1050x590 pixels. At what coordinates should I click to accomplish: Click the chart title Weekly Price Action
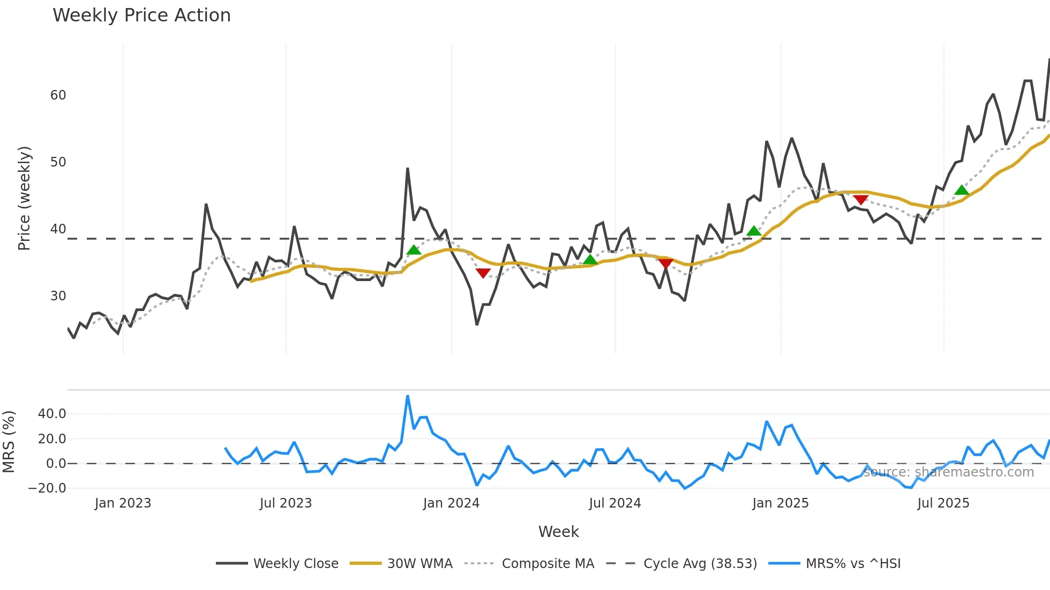point(141,16)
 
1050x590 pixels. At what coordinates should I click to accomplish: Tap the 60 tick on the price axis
point(58,95)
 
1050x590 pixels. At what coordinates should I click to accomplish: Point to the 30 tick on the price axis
point(58,296)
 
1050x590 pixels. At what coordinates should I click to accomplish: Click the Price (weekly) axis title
point(24,199)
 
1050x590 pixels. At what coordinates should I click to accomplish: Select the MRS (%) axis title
point(9,442)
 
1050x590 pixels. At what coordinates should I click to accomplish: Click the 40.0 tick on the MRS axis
point(52,414)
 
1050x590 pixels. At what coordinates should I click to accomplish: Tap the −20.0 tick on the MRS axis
point(47,488)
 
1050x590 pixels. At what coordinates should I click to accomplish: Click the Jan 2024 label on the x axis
point(451,503)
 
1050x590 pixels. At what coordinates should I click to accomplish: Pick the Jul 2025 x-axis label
point(943,503)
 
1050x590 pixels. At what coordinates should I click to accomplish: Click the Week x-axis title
point(558,532)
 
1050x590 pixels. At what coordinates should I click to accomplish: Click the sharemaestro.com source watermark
point(948,472)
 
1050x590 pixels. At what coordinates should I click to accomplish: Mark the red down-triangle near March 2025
point(861,200)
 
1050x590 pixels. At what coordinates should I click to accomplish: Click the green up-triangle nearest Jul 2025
point(962,190)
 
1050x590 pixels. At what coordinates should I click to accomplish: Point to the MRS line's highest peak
point(408,397)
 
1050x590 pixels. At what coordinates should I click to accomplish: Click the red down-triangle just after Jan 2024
point(483,273)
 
